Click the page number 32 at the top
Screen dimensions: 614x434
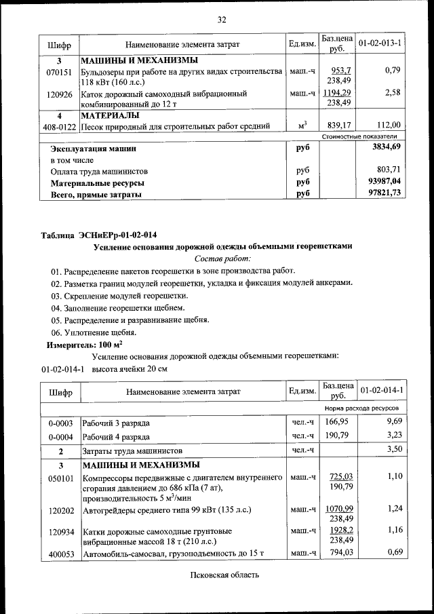pos(221,19)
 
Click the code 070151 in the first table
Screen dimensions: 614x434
pos(59,71)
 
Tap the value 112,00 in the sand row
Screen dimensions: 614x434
pos(389,125)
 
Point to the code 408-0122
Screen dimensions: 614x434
pos(60,126)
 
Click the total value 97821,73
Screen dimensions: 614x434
pos(384,193)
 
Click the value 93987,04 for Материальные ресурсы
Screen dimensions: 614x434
pos(384,182)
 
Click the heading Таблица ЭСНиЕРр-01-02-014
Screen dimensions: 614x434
pos(103,235)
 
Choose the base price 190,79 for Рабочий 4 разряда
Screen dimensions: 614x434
pos(340,436)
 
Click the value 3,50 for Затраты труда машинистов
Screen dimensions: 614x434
pos(394,450)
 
